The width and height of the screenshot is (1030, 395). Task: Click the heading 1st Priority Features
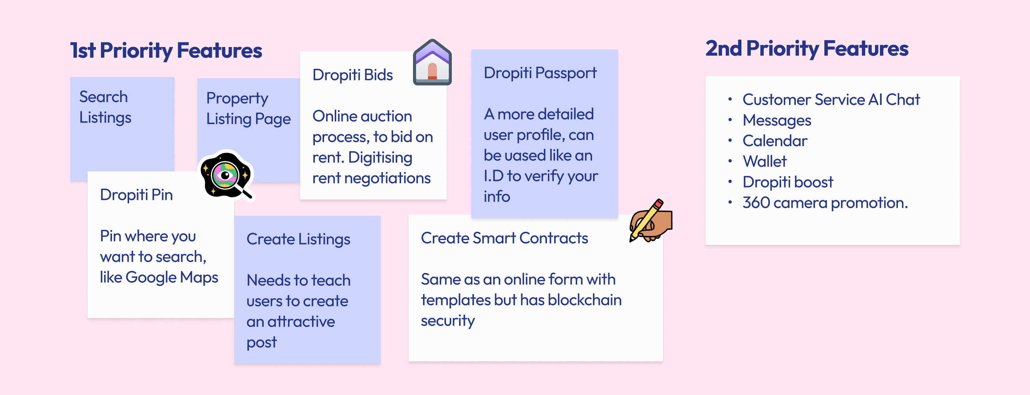[166, 51]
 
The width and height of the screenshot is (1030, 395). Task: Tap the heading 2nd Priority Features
[806, 49]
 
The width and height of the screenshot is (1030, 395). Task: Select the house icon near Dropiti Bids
[432, 63]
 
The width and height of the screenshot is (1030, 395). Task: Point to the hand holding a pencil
[651, 221]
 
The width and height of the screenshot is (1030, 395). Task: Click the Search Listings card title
[105, 107]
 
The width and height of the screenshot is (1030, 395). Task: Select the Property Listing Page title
[248, 109]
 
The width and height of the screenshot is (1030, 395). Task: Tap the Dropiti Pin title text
[136, 195]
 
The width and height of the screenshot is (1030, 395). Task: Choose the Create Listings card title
[298, 239]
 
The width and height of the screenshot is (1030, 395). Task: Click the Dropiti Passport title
[540, 73]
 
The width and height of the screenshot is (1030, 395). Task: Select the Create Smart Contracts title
[504, 238]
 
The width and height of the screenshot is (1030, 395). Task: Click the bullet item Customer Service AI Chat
[831, 100]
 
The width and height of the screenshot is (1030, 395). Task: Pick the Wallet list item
[764, 162]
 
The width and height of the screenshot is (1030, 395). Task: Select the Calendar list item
[775, 141]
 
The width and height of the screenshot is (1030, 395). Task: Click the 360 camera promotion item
[825, 203]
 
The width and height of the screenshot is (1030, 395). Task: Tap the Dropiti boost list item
[788, 182]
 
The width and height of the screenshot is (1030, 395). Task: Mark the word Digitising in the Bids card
[380, 158]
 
